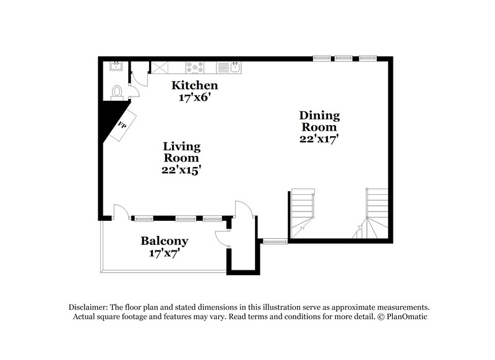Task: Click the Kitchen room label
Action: (194, 85)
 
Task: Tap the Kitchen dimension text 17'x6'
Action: (194, 97)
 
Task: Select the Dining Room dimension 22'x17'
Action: (319, 139)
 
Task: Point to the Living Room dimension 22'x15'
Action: (182, 169)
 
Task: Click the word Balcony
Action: (164, 241)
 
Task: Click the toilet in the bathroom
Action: (117, 92)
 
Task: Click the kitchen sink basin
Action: (236, 66)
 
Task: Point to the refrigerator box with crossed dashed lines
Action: (161, 66)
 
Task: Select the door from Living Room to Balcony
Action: (121, 212)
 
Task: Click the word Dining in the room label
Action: (319, 115)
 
